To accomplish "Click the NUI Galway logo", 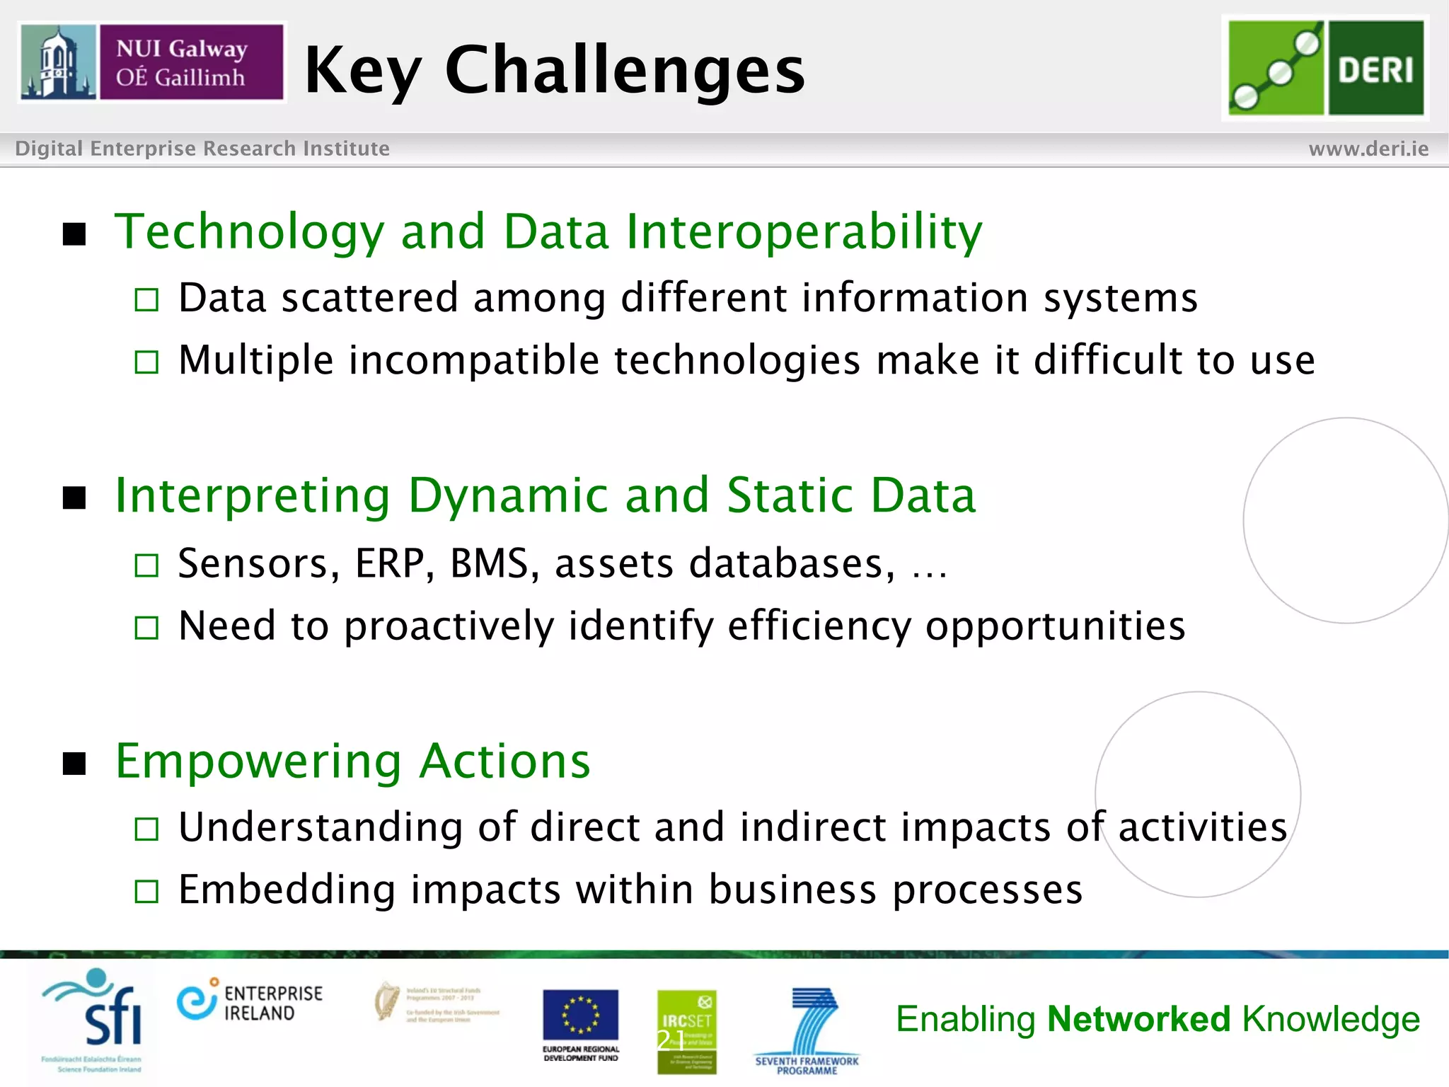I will pos(151,62).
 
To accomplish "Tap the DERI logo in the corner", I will pos(1325,68).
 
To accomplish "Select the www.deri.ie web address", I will pos(1368,149).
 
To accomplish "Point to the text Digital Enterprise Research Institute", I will pos(202,149).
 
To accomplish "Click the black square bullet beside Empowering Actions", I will pos(74,764).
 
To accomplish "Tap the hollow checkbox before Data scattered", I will pos(146,300).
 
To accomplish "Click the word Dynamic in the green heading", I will pos(507,495).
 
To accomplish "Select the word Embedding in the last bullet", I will pos(287,890).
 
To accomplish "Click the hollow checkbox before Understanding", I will pos(146,829).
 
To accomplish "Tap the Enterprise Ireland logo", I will pos(250,1002).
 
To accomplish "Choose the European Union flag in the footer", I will pos(580,1015).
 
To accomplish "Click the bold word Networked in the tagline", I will pos(1138,1019).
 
